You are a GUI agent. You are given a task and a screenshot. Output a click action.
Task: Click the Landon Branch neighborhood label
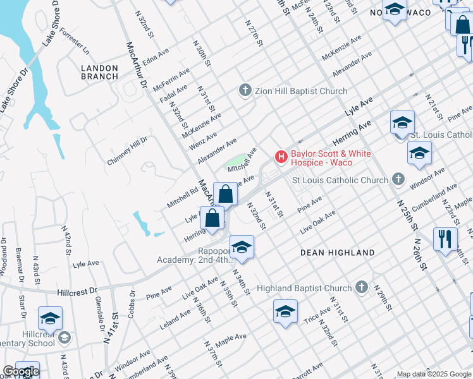pyautogui.click(x=99, y=72)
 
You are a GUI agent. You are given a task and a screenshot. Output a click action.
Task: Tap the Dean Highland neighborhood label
pyautogui.click(x=337, y=253)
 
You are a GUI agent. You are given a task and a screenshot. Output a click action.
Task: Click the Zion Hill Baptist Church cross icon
pyautogui.click(x=245, y=91)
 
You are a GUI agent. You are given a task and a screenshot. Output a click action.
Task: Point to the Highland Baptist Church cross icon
pyautogui.click(x=361, y=287)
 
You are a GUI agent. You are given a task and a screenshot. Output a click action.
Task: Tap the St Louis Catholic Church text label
pyautogui.click(x=340, y=181)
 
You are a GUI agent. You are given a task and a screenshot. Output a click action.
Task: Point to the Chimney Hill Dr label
pyautogui.click(x=127, y=151)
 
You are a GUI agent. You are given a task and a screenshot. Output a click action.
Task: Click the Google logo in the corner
pyautogui.click(x=20, y=371)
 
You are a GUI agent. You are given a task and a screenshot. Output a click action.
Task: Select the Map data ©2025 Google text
pyautogui.click(x=433, y=374)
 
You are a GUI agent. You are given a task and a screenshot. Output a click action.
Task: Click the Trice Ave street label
pyautogui.click(x=316, y=314)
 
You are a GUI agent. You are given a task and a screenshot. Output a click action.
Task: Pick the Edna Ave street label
pyautogui.click(x=157, y=55)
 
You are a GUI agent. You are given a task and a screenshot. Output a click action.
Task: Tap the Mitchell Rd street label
pyautogui.click(x=182, y=199)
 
